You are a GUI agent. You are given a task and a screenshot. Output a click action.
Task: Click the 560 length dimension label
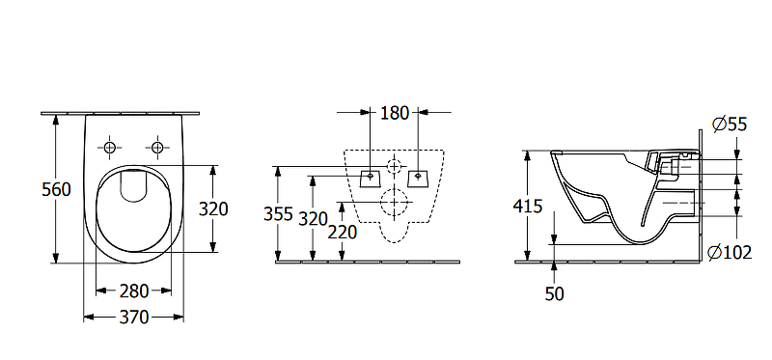click(x=57, y=189)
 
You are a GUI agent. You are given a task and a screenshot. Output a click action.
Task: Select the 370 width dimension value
click(x=134, y=318)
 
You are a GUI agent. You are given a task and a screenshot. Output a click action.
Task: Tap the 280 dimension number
click(x=134, y=291)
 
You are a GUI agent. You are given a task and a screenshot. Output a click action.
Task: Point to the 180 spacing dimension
click(x=395, y=113)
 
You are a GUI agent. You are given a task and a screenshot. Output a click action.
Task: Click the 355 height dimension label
click(x=279, y=214)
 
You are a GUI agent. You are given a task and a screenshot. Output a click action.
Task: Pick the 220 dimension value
click(x=343, y=232)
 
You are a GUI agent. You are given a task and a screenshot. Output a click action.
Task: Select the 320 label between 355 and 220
click(x=314, y=218)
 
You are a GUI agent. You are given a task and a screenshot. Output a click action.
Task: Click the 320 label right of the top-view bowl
click(x=213, y=208)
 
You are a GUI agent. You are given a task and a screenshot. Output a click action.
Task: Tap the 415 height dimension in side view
click(x=528, y=206)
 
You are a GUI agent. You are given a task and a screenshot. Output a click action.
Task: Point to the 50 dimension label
click(x=554, y=293)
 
